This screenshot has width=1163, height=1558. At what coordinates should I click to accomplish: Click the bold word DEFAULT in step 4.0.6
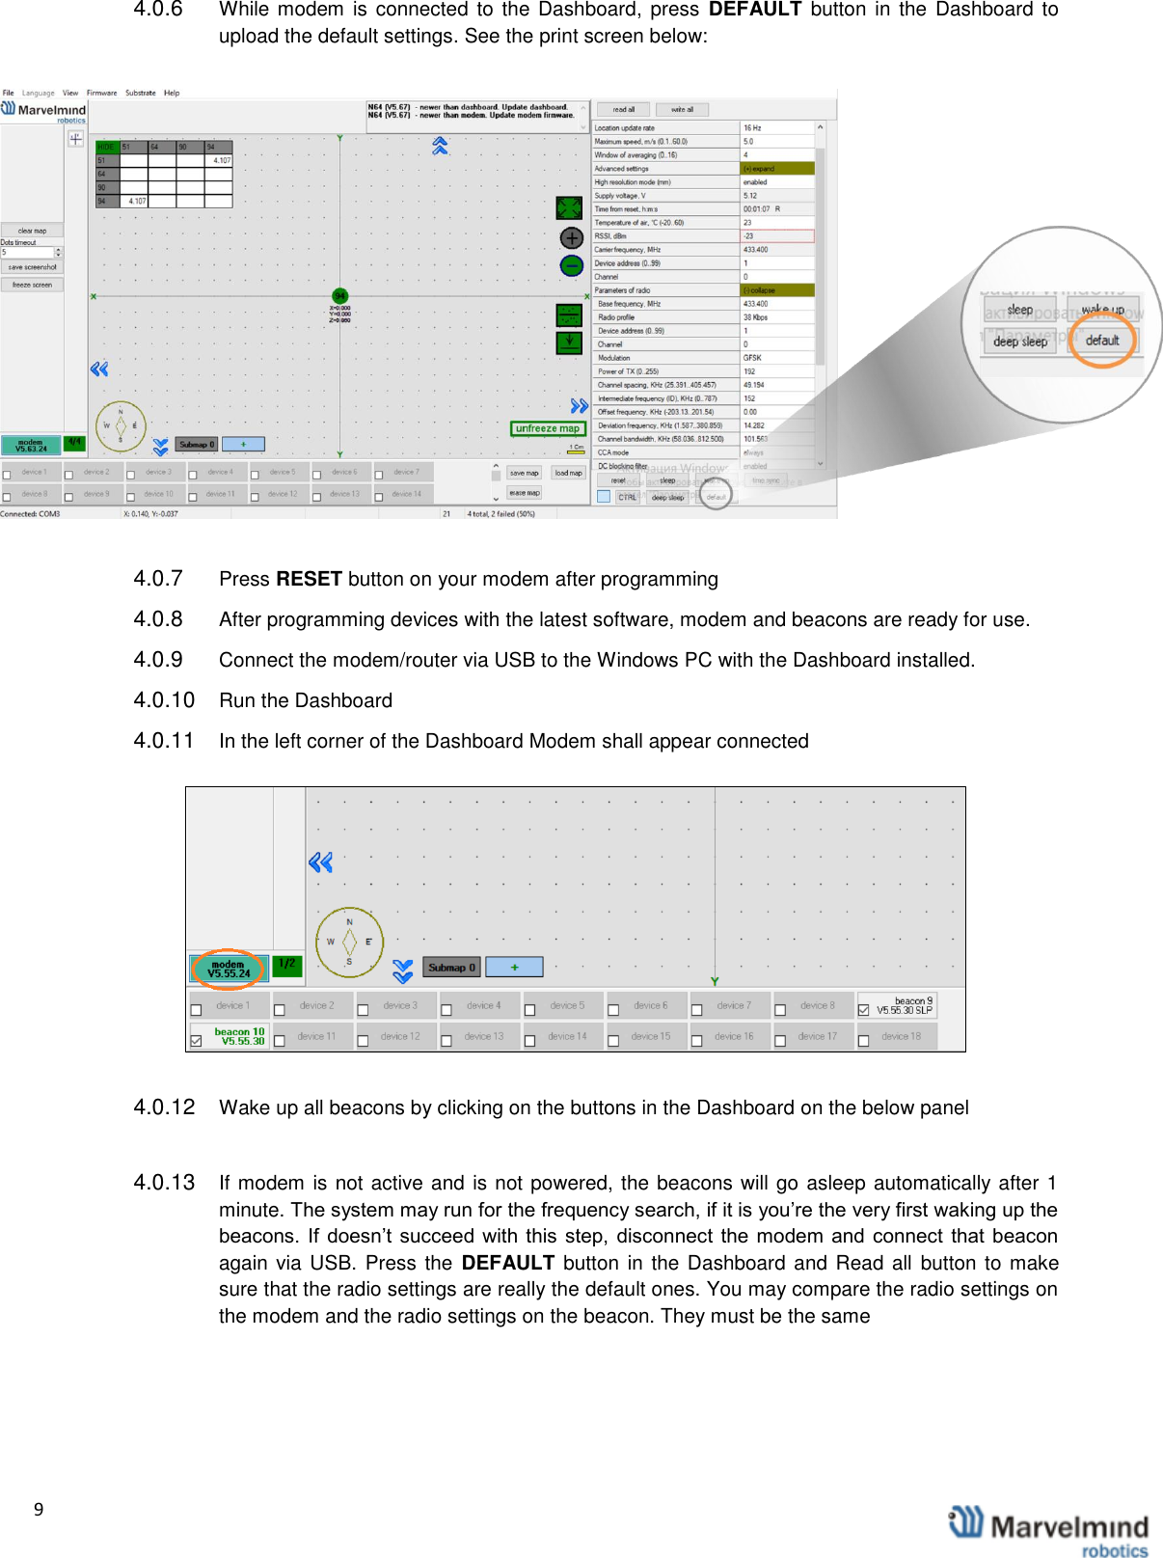pos(754,10)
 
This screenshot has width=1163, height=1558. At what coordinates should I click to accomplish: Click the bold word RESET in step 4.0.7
pos(309,579)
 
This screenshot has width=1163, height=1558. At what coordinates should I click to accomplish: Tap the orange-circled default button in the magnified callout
pos(1102,341)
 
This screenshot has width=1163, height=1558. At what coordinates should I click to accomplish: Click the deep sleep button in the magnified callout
pos(1019,342)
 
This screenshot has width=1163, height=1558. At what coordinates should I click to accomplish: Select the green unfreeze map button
pos(547,428)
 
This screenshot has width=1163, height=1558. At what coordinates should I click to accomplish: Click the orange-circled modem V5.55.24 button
pos(229,969)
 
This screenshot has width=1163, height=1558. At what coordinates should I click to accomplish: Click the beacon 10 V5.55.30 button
pos(238,1036)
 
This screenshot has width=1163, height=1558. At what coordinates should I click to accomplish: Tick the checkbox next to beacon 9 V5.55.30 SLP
pos(863,1010)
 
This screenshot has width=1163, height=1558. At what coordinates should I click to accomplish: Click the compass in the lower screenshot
pos(349,942)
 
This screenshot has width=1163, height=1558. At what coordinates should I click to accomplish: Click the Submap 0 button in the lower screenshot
pos(451,967)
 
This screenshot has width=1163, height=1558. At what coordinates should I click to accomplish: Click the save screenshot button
pos(32,267)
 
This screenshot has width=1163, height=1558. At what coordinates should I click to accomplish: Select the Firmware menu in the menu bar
pos(101,94)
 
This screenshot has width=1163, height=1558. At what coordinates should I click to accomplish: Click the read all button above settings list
pos(623,110)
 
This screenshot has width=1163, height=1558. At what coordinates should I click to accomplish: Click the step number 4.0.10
pos(164,700)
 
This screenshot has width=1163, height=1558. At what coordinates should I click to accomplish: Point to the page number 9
pos(39,1510)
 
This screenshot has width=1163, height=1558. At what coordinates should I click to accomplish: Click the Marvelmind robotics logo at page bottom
pos(1049,1530)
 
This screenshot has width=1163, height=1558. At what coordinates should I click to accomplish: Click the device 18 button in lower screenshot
pos(901,1036)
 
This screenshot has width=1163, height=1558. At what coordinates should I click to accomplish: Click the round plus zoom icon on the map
pos(572,237)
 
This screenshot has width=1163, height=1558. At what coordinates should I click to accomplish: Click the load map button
pos(568,473)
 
